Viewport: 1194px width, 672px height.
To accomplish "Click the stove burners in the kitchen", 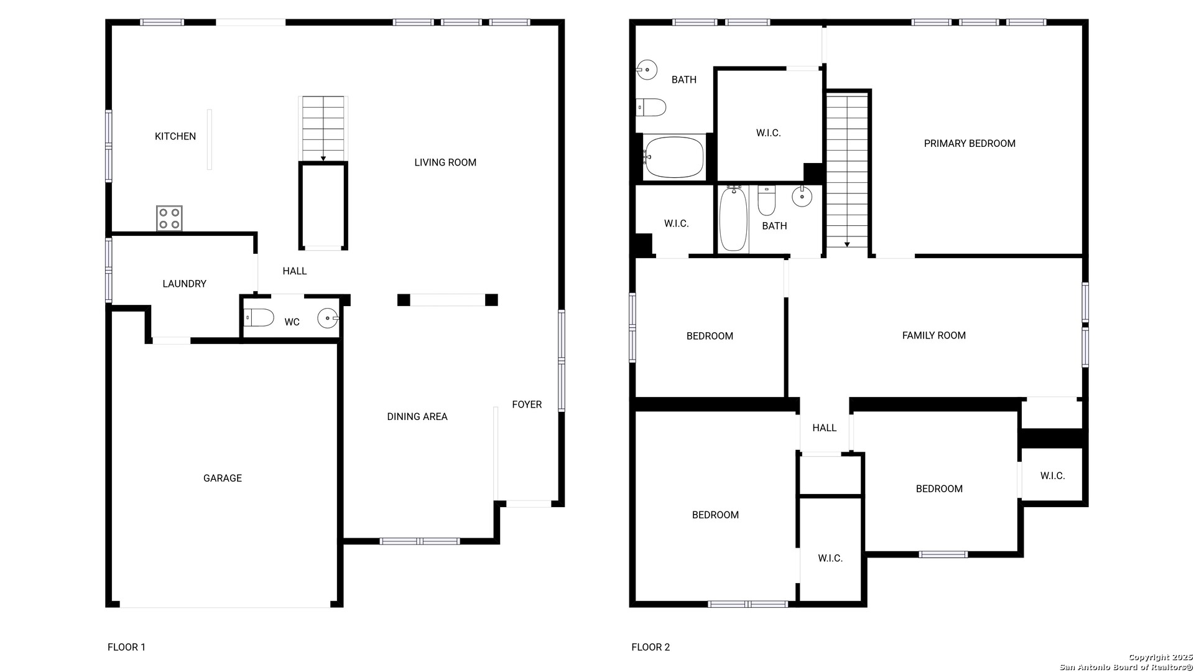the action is click(x=169, y=218).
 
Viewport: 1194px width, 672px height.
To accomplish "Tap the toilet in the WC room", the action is click(x=259, y=317).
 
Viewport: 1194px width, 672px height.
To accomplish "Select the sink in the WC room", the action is click(x=328, y=318).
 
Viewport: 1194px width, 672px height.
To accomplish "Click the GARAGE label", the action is click(x=223, y=478).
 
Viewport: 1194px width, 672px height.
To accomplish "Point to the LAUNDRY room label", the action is click(x=184, y=284).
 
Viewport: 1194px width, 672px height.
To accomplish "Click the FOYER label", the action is click(x=527, y=404).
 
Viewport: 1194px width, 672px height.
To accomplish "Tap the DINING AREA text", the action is click(x=417, y=417).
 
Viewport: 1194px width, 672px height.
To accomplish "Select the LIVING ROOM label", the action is click(x=445, y=162).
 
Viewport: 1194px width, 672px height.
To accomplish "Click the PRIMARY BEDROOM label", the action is click(x=970, y=143).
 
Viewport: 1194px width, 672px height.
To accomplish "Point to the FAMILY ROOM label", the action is click(x=934, y=335).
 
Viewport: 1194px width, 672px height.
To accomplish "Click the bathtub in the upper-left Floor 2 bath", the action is click(x=673, y=157).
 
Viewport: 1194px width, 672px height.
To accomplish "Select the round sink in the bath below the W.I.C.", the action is click(x=802, y=197).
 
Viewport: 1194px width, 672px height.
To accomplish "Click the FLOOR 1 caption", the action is click(x=126, y=647).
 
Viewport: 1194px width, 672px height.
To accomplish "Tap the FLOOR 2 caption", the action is click(x=650, y=647).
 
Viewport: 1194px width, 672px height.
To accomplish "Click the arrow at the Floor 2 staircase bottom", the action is click(x=847, y=245).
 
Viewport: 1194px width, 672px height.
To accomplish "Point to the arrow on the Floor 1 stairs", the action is click(x=323, y=159).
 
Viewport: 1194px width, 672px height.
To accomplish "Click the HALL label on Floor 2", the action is click(x=825, y=427).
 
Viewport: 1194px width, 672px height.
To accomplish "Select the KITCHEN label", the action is click(x=175, y=136).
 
